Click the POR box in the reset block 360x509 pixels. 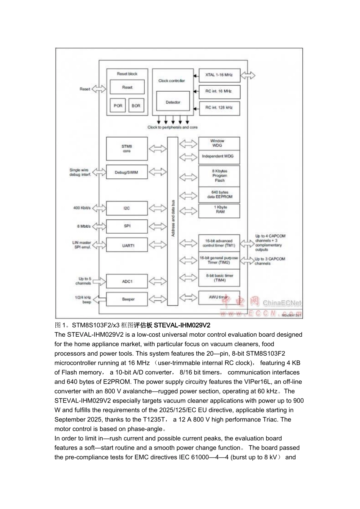tap(118, 106)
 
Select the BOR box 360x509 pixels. tap(136, 106)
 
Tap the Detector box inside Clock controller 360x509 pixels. tap(173, 102)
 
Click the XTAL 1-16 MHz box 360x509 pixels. tap(219, 75)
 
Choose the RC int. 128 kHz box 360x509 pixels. tap(219, 108)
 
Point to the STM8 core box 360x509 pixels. tap(127, 148)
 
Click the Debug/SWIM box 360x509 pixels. tap(127, 172)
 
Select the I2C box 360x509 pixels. tap(127, 208)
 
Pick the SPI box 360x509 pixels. tap(127, 226)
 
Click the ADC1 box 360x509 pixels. tap(127, 281)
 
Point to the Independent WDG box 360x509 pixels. tap(219, 156)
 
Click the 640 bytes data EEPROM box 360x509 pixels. tap(219, 195)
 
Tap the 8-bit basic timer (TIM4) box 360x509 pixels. tap(219, 278)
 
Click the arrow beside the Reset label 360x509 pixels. tap(100, 89)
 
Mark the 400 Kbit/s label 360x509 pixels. tap(82, 208)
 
